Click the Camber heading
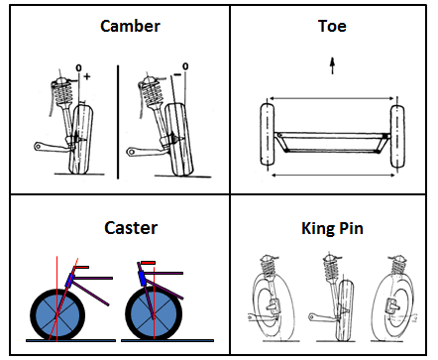coord(130,26)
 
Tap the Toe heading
coord(332,26)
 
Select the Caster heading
coord(131,228)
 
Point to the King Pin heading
coord(332,228)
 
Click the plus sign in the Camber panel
coord(87,76)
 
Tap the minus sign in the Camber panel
coord(177,74)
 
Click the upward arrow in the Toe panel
coord(333,65)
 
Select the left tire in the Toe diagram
coord(267,134)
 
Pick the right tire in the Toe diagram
coord(397,136)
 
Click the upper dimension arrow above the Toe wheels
coord(332,98)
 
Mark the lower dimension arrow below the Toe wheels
coord(333,175)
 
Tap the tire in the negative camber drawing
coord(178,140)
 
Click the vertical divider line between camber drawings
coord(118,122)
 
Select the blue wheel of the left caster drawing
coord(57,314)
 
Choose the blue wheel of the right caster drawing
coord(154,314)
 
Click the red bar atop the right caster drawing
coord(148,263)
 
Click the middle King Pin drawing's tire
coord(345,310)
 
